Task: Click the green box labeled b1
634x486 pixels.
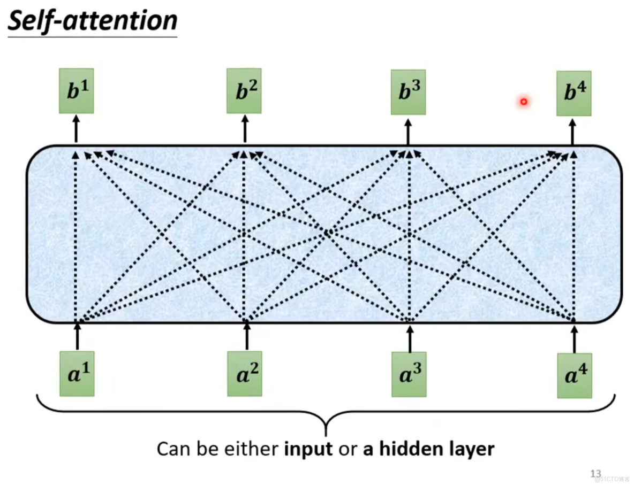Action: pos(76,91)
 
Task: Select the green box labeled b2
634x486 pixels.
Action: pos(244,91)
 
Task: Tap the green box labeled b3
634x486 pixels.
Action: pos(408,92)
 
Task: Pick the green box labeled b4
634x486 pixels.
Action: pos(573,94)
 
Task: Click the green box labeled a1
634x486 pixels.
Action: pos(77,374)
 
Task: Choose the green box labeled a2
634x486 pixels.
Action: pos(245,374)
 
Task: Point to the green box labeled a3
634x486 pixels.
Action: pos(409,374)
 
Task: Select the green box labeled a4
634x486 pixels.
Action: pos(575,375)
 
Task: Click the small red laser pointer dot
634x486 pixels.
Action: pos(524,101)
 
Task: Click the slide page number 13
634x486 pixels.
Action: pos(595,474)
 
